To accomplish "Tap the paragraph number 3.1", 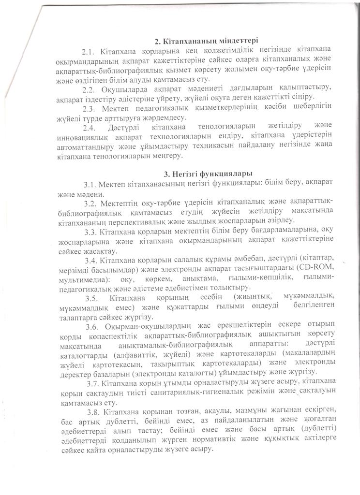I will click(x=91, y=184).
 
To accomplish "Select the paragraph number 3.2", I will click(x=91, y=203).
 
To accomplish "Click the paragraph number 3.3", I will click(x=92, y=232).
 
